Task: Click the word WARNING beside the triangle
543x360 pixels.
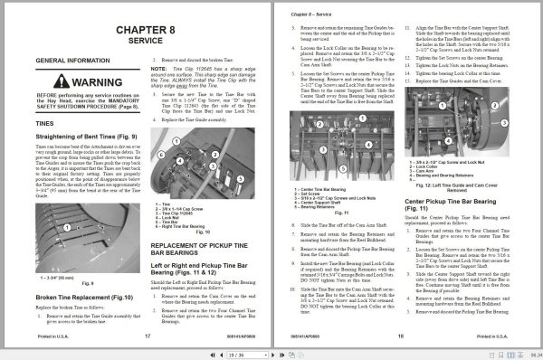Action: [90, 82]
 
